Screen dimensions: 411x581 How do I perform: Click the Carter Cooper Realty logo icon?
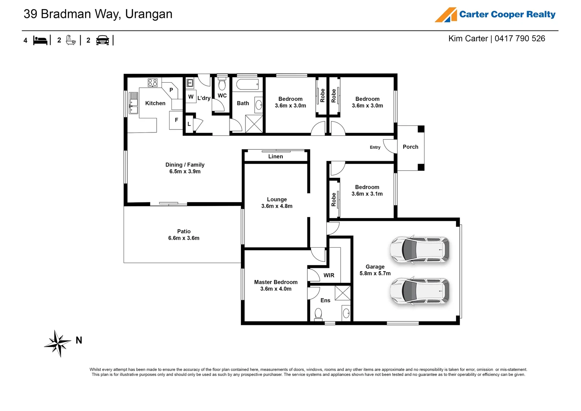pos(446,15)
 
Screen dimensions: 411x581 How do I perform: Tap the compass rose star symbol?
pos(58,343)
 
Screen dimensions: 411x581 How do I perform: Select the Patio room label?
pos(184,231)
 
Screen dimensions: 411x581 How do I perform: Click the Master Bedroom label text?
pos(276,282)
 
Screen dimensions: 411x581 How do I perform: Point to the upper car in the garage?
pos(420,250)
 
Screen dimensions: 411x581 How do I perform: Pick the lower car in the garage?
pos(420,291)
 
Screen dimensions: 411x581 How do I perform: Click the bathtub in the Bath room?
pos(247,84)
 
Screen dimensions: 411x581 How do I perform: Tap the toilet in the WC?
pos(222,84)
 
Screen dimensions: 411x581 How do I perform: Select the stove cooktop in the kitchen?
pos(153,83)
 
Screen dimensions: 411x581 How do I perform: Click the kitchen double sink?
pos(133,103)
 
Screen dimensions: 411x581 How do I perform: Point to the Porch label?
pos(410,147)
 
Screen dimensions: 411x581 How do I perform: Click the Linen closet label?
pos(275,156)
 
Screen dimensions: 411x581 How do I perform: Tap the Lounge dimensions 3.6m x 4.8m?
pos(277,206)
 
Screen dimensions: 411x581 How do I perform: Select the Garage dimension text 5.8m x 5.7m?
pos(375,273)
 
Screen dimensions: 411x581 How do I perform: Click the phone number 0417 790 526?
pos(520,38)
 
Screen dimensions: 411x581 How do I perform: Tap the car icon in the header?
pos(103,40)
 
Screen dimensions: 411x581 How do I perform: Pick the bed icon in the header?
pos(40,40)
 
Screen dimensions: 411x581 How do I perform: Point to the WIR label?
pos(329,275)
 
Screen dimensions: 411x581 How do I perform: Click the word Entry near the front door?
pos(375,147)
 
